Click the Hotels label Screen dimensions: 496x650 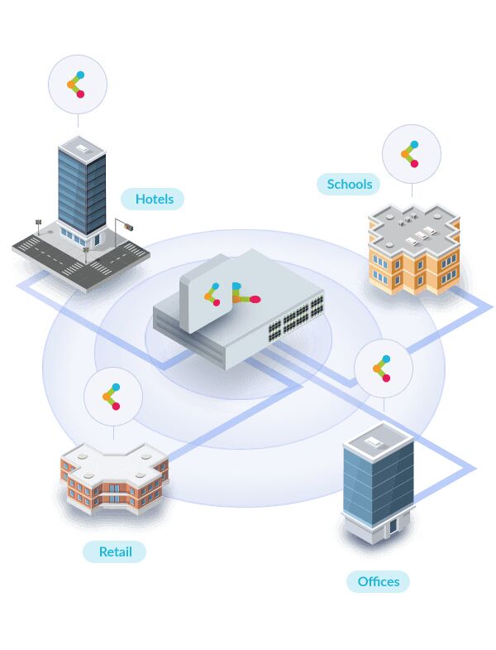[152, 199]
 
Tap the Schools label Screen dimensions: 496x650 [349, 184]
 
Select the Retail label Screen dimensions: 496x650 [115, 551]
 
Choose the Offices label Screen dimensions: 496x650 [378, 581]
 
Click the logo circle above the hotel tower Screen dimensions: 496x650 [78, 84]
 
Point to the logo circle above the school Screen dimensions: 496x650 [412, 154]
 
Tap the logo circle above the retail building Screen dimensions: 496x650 [113, 397]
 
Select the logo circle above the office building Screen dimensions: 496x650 [384, 368]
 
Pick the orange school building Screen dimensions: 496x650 [414, 249]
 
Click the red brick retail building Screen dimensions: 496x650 [115, 479]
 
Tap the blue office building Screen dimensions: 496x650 [379, 484]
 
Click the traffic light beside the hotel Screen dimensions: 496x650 [129, 227]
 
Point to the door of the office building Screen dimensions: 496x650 [392, 526]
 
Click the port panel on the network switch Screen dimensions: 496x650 [296, 318]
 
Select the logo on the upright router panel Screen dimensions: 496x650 [212, 294]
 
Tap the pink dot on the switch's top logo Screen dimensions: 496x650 [255, 299]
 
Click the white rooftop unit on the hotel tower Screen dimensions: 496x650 [83, 147]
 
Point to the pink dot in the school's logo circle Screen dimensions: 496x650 [414, 164]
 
